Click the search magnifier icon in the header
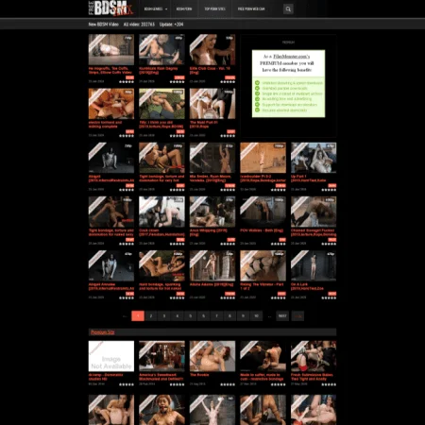click(x=288, y=8)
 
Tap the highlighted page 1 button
click(x=137, y=315)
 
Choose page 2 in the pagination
click(x=150, y=315)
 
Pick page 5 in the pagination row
click(x=190, y=315)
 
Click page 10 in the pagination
click(x=257, y=315)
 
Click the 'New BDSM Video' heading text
click(x=104, y=25)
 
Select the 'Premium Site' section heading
click(x=102, y=332)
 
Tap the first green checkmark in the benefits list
click(x=258, y=82)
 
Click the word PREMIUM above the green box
click(x=288, y=42)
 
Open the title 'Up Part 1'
click(x=301, y=176)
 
